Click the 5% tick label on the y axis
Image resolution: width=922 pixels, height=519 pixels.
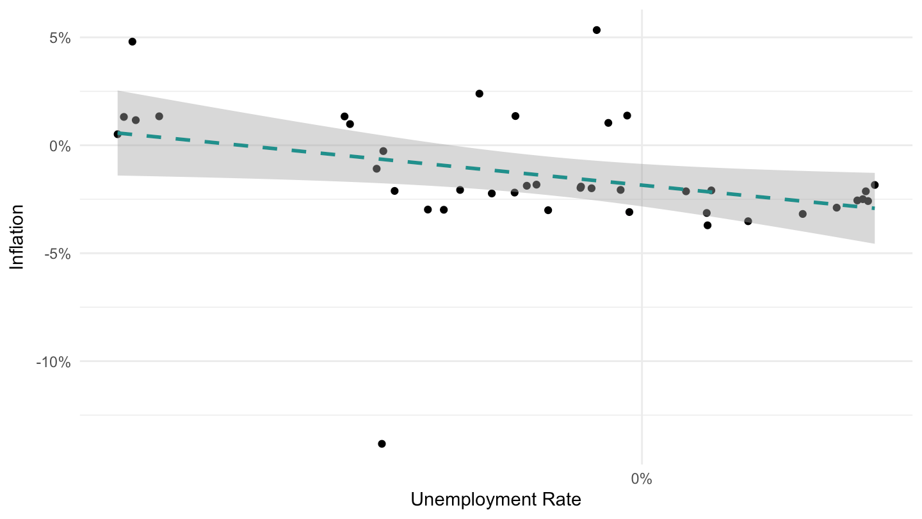click(x=60, y=38)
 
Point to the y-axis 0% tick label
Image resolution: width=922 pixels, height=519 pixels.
click(x=60, y=146)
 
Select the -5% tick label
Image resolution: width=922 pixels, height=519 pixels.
click(x=58, y=254)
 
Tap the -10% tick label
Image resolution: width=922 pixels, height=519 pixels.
click(x=54, y=363)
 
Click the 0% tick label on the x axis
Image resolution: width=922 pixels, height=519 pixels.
click(x=642, y=479)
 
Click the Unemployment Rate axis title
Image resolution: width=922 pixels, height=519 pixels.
click(x=496, y=500)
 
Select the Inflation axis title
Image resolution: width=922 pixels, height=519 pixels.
click(x=17, y=237)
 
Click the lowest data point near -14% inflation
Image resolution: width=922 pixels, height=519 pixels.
click(x=382, y=444)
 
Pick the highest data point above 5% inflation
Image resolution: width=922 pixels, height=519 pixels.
click(x=597, y=30)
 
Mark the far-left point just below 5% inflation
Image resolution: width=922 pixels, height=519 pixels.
click(x=133, y=42)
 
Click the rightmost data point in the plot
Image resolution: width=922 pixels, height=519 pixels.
click(x=875, y=185)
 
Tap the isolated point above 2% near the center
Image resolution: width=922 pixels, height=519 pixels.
click(x=480, y=94)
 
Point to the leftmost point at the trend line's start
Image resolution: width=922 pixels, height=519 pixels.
click(x=118, y=135)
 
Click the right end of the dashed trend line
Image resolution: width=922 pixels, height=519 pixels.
click(x=874, y=208)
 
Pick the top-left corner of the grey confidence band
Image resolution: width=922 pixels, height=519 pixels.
click(x=118, y=90)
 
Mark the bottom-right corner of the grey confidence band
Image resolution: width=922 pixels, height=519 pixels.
click(x=875, y=243)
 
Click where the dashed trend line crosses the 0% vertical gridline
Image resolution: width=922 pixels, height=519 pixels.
click(x=642, y=185)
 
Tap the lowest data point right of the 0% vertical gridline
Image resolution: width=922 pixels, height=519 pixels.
click(x=708, y=226)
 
